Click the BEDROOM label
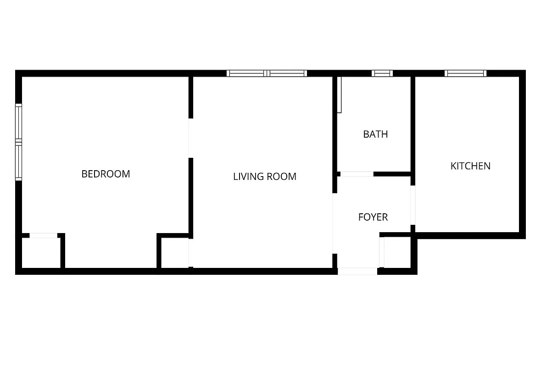pyautogui.click(x=106, y=174)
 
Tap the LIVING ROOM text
pyautogui.click(x=265, y=176)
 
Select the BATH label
pyautogui.click(x=375, y=134)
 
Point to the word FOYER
pyautogui.click(x=373, y=217)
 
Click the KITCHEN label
pyautogui.click(x=470, y=166)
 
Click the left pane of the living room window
pyautogui.click(x=246, y=73)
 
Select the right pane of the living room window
pyautogui.click(x=287, y=73)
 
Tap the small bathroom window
pyautogui.click(x=382, y=73)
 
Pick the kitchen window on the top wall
pyautogui.click(x=465, y=73)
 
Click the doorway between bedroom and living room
pyautogui.click(x=190, y=138)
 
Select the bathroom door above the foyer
pyautogui.click(x=357, y=174)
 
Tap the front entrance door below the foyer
pyautogui.click(x=357, y=271)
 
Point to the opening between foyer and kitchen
pyautogui.click(x=413, y=205)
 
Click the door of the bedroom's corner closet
pyautogui.click(x=44, y=236)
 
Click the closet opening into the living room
pyautogui.click(x=190, y=252)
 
